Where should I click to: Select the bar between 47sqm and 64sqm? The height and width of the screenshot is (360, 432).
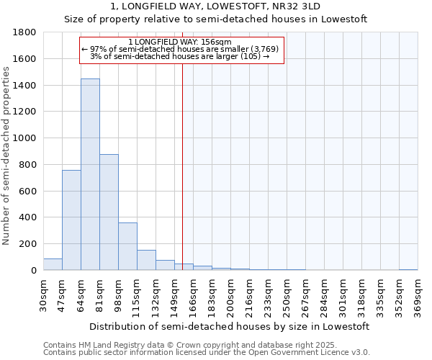pyautogui.click(x=71, y=220)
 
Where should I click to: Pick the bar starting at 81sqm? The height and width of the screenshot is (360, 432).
pyautogui.click(x=109, y=212)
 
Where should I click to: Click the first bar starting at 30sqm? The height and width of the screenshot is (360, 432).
pyautogui.click(x=53, y=264)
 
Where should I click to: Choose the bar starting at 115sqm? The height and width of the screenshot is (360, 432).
pyautogui.click(x=146, y=260)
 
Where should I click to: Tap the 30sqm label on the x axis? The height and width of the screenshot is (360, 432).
pyautogui.click(x=43, y=295)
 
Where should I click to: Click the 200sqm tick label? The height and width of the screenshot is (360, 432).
pyautogui.click(x=230, y=295)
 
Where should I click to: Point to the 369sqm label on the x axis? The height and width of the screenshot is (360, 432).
pyautogui.click(x=418, y=295)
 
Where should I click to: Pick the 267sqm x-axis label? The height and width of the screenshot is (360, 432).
pyautogui.click(x=305, y=295)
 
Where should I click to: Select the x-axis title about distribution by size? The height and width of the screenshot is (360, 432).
pyautogui.click(x=230, y=326)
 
